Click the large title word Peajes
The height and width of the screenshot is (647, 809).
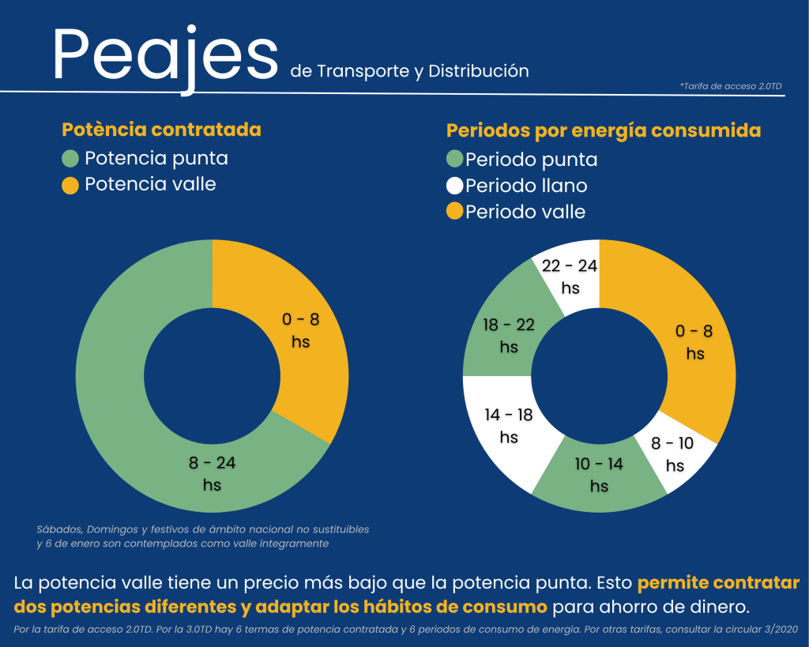[165, 54]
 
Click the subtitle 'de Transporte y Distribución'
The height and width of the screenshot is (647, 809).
[409, 71]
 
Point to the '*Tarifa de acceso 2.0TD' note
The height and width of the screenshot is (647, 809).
[730, 86]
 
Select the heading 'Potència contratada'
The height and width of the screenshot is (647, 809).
[161, 129]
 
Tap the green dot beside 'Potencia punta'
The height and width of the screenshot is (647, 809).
[70, 159]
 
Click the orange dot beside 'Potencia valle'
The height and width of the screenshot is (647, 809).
[70, 186]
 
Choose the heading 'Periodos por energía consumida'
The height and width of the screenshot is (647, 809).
[604, 130]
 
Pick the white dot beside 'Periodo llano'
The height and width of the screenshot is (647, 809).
[454, 186]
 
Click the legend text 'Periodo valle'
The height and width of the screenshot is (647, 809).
[525, 212]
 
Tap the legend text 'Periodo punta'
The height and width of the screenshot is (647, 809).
[531, 160]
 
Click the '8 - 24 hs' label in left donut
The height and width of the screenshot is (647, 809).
[212, 473]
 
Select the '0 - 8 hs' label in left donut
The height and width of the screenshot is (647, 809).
[300, 330]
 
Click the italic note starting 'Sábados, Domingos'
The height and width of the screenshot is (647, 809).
[202, 536]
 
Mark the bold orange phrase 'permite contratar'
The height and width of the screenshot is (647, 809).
[718, 584]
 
